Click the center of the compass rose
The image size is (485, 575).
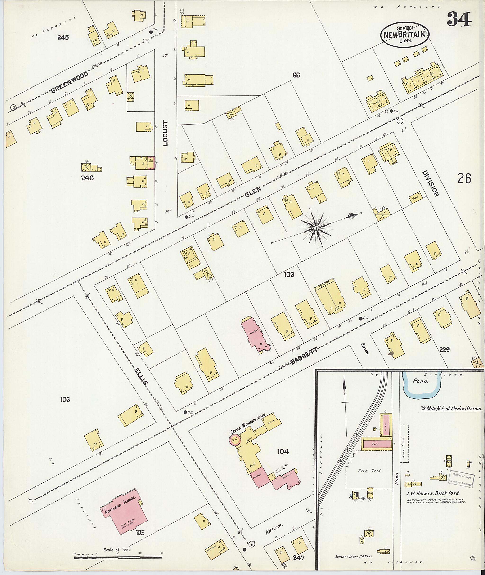coord(316,228)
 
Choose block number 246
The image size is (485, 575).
coord(87,178)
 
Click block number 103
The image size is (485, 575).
coord(289,274)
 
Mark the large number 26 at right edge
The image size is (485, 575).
coord(464,178)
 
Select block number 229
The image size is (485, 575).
coord(444,349)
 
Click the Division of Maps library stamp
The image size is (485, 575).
coord(461,479)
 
